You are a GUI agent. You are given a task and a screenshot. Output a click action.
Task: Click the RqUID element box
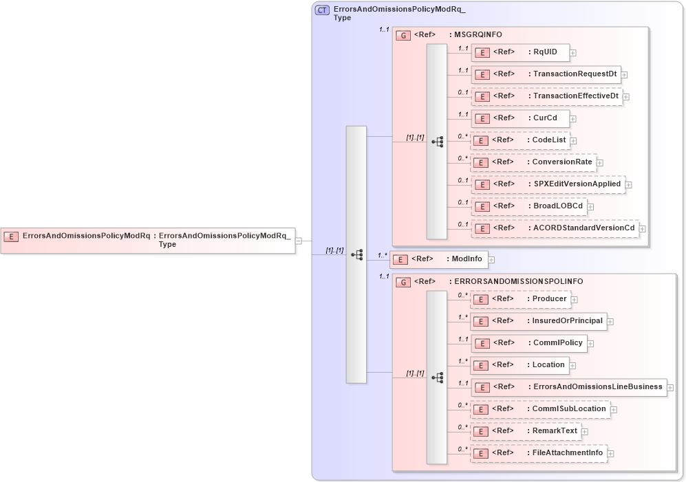click(519, 52)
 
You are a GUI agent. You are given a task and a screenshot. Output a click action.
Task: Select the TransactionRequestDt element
click(546, 74)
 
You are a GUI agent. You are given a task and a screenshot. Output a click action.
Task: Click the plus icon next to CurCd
click(572, 119)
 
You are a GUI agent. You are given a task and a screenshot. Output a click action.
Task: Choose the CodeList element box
click(519, 140)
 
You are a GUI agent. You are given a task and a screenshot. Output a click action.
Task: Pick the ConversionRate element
click(533, 162)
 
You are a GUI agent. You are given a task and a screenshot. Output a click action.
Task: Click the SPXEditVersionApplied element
click(548, 184)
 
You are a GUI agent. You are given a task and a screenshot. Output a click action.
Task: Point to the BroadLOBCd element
click(528, 206)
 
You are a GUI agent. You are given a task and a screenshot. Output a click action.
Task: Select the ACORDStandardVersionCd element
click(555, 228)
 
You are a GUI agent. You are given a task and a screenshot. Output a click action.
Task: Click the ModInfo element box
click(438, 259)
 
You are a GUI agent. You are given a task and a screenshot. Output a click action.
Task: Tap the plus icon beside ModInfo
click(491, 260)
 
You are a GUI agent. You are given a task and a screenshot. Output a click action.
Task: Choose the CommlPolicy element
click(528, 343)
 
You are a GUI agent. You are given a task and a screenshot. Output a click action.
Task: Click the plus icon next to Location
click(572, 366)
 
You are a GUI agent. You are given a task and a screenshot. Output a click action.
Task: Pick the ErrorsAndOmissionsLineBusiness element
click(568, 387)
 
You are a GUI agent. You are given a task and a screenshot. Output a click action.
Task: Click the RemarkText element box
click(525, 431)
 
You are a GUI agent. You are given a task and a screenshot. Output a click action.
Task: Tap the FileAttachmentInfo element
click(538, 453)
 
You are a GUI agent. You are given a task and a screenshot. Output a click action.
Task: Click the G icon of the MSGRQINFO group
click(404, 35)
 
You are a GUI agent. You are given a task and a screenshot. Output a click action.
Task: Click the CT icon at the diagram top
click(321, 10)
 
